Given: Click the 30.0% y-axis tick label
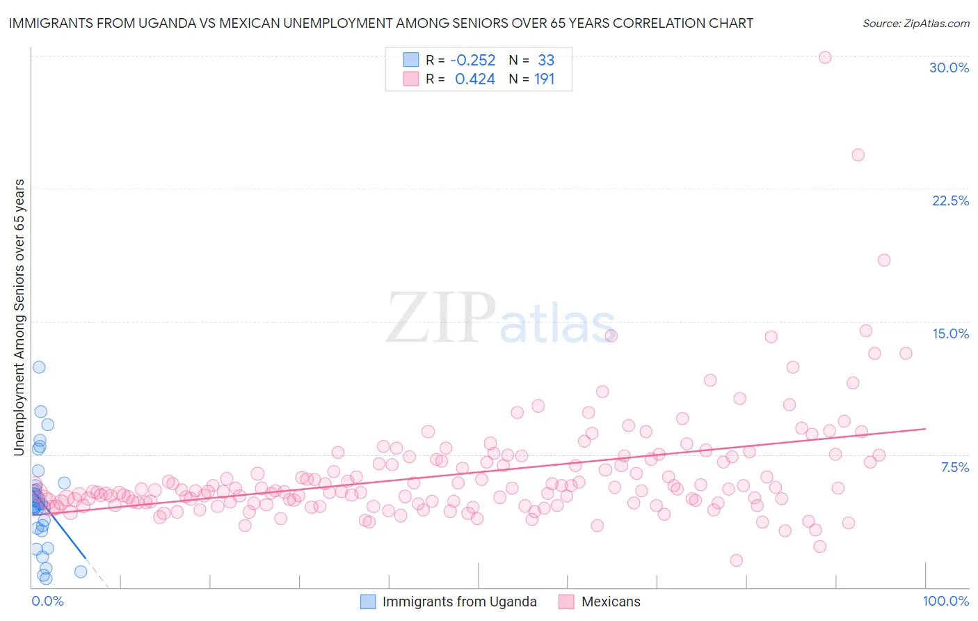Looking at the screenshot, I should [x=949, y=68].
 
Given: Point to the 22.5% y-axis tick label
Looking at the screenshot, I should [x=950, y=201].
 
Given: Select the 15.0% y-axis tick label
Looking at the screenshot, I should [x=950, y=333].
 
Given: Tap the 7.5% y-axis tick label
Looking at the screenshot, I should [x=954, y=467].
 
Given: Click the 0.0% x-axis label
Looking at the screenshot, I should [x=47, y=601].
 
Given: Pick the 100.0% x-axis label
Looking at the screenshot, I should [x=945, y=601].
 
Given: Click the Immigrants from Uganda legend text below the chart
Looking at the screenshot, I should [x=459, y=602].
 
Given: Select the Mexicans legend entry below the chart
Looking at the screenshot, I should [x=610, y=602].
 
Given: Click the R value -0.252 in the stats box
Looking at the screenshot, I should [x=472, y=61].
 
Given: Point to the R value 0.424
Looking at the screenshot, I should [x=474, y=79].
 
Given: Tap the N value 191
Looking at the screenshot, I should [x=544, y=79].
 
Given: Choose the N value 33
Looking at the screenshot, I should [x=545, y=61].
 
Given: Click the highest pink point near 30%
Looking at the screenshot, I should [x=825, y=57].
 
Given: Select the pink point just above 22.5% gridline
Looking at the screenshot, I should [x=858, y=155].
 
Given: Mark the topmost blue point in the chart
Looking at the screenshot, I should [x=39, y=367].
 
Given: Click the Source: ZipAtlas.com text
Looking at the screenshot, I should [x=915, y=24].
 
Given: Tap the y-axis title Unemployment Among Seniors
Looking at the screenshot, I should [x=19, y=317].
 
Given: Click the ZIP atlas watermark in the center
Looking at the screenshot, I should [x=501, y=318].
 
